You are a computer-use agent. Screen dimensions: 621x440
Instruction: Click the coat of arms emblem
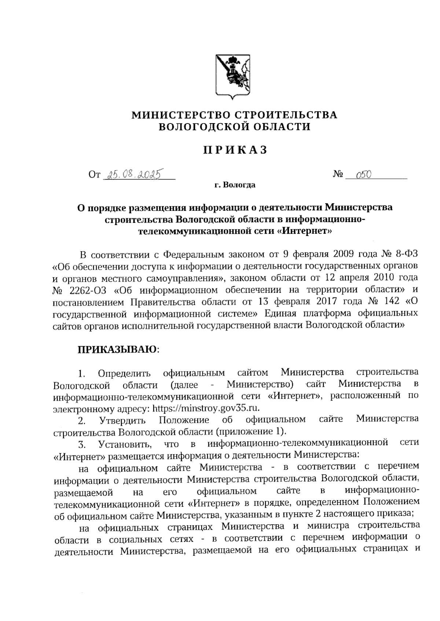point(232,77)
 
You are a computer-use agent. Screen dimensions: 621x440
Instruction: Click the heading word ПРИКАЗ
point(235,150)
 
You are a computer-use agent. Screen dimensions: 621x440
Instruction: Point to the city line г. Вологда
point(235,185)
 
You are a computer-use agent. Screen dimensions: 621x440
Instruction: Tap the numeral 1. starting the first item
point(81,374)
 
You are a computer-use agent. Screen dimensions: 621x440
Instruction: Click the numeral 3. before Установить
point(81,444)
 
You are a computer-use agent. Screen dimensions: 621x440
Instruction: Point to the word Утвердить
point(122,420)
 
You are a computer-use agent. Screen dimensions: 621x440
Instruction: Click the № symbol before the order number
point(338,175)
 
